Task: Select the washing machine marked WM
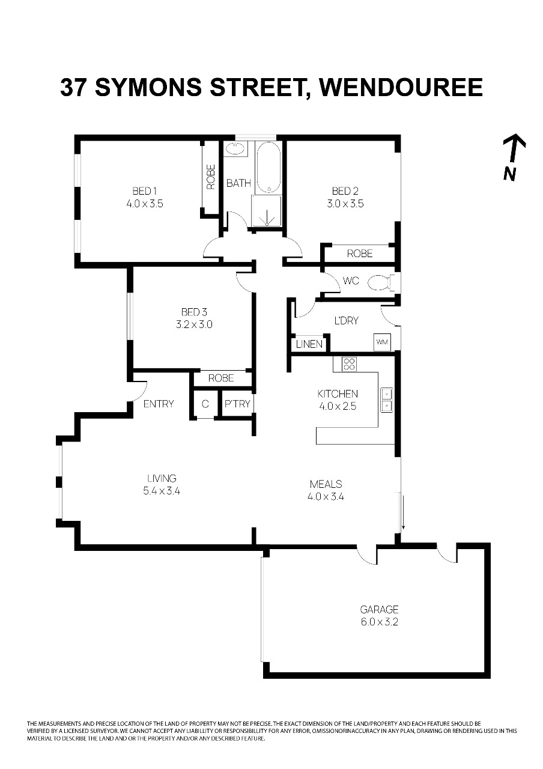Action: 382,342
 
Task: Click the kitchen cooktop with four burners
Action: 349,364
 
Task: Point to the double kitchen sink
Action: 386,400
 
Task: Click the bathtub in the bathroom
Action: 268,168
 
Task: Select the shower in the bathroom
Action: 267,211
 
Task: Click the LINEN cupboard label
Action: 309,344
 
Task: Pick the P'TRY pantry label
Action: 237,404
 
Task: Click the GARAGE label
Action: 379,609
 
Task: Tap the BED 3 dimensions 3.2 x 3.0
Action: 194,324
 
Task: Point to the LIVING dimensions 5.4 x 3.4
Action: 162,491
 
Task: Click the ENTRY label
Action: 159,404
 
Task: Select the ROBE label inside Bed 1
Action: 211,177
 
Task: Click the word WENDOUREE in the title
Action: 401,87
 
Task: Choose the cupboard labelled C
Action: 205,404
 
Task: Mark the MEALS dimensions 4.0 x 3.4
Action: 326,496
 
